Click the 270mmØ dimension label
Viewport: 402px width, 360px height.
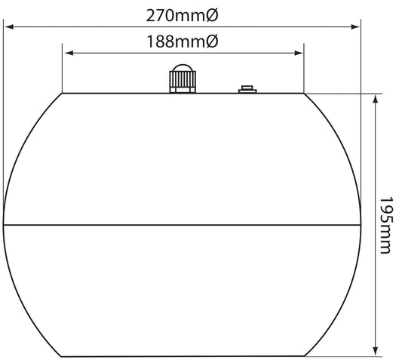[x=182, y=15]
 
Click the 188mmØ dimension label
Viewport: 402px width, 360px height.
[x=183, y=42]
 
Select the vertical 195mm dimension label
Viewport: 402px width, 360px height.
[x=386, y=226]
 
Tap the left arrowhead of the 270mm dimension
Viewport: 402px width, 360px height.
[x=9, y=26]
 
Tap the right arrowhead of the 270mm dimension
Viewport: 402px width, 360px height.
[x=355, y=26]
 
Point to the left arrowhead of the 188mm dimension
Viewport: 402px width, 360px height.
[x=69, y=53]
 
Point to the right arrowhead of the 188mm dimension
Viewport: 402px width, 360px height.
[x=299, y=53]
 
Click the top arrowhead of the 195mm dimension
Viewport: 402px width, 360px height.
[x=376, y=99]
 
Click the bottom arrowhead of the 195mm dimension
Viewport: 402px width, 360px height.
[x=376, y=351]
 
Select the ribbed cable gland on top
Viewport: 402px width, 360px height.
[x=183, y=78]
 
